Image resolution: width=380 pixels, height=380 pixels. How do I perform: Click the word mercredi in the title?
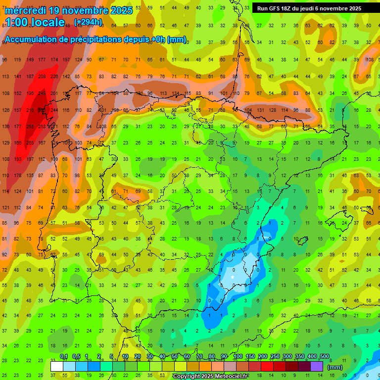(25, 10)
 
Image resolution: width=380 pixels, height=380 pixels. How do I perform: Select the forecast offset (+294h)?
(88, 22)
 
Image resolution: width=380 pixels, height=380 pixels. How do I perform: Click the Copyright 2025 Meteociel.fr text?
(217, 377)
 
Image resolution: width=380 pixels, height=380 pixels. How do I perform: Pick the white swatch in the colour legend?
(57, 366)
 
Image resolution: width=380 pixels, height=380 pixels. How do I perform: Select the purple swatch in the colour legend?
(317, 366)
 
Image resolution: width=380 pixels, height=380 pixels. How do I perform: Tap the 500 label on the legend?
(324, 357)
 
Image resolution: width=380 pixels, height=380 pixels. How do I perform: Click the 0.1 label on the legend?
(64, 357)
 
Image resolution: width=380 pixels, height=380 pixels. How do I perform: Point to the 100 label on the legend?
(237, 357)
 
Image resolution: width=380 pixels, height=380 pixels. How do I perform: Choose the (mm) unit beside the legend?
(335, 367)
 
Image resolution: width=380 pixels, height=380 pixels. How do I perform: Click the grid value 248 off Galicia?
(42, 93)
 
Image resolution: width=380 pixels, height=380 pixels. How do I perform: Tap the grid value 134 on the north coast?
(175, 93)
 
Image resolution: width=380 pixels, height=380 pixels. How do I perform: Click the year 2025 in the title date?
(121, 10)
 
